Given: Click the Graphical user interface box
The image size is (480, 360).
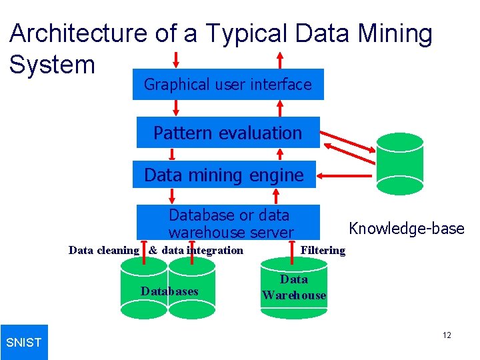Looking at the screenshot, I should (x=228, y=85).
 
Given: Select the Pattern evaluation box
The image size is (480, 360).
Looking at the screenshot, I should (x=228, y=133).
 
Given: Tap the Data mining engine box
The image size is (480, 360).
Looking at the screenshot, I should (x=224, y=175).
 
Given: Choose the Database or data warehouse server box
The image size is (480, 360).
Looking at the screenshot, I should (x=229, y=223).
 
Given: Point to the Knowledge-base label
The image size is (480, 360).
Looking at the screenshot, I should (x=407, y=229).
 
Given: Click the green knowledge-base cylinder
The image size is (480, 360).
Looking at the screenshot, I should (x=400, y=162).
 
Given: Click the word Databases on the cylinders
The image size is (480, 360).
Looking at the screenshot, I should (x=169, y=291).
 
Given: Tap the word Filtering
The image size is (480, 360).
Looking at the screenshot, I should (x=323, y=251).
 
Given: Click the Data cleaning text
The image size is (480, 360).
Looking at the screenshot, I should (x=104, y=251).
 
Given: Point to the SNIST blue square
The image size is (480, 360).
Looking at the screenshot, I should (x=24, y=342).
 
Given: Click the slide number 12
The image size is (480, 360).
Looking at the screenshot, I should (x=447, y=335).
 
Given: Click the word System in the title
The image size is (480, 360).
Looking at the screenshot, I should (x=53, y=65).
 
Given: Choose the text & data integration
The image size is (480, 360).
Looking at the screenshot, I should (x=196, y=251).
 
